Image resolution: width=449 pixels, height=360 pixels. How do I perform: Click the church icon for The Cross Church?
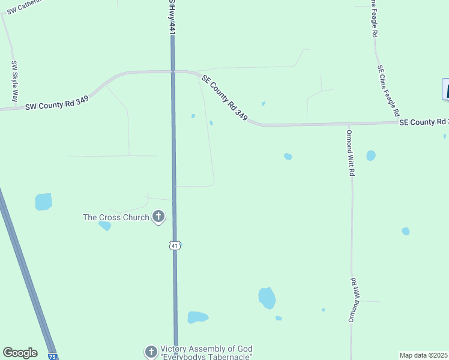click(158, 217)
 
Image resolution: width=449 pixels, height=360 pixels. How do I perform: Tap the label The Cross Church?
click(116, 217)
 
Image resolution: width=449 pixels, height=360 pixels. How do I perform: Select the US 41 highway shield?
click(175, 245)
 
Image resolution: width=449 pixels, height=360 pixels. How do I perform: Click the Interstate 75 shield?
click(52, 356)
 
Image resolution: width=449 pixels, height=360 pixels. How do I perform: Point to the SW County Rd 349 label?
click(58, 106)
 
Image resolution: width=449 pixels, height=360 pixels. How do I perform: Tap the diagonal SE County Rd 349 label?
click(224, 97)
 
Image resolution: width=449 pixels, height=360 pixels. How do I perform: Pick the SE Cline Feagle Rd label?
click(388, 90)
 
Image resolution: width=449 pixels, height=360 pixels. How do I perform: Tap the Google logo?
click(20, 353)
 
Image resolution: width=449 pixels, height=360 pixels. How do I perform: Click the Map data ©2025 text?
click(423, 355)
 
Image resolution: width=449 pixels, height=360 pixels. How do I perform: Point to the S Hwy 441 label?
click(172, 17)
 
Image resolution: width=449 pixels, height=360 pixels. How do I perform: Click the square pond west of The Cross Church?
click(43, 202)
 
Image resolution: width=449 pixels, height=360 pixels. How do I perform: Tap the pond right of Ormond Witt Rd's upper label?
click(371, 155)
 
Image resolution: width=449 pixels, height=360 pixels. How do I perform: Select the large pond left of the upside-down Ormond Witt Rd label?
click(267, 297)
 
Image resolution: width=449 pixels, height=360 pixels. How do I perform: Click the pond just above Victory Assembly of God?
click(197, 317)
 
